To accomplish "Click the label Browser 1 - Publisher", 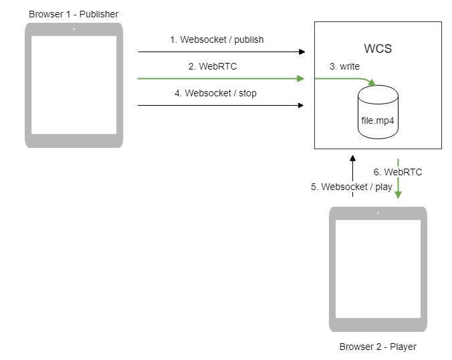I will coord(74,14).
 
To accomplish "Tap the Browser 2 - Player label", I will coord(377,346).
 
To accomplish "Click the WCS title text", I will coord(378,50).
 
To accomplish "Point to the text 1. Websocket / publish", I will coord(217,39).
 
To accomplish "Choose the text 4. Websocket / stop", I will coord(215,94).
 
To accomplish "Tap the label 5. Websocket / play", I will coord(352,187).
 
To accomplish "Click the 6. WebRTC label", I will coord(398,172).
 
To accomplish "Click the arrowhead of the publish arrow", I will coord(302,52).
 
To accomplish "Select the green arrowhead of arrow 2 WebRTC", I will coord(301,78).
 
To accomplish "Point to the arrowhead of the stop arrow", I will coord(301,105).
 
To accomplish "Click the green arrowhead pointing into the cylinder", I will coord(372,84).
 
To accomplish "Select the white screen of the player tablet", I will coord(377,268).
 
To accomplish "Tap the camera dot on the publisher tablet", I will coord(74,29).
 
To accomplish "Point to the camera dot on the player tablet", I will coord(377,213).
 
